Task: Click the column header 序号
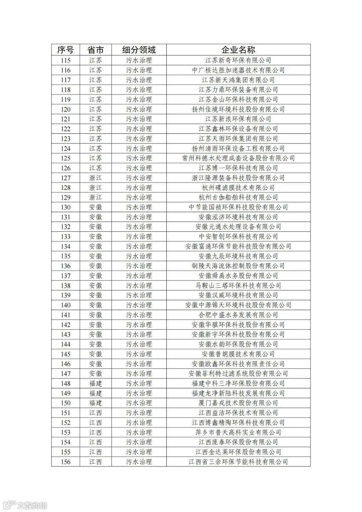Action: click(x=65, y=50)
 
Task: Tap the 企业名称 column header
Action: click(x=238, y=50)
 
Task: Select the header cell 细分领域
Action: click(x=139, y=50)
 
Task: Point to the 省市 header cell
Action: click(x=96, y=50)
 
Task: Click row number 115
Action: click(x=65, y=60)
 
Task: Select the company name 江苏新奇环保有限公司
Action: click(x=238, y=60)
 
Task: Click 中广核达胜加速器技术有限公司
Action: click(x=238, y=70)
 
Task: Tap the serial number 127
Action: click(x=65, y=178)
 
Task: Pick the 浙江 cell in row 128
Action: click(x=96, y=187)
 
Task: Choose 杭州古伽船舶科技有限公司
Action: click(x=238, y=197)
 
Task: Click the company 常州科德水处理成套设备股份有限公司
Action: click(x=238, y=158)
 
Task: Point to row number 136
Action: click(x=65, y=266)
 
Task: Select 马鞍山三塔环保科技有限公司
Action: click(x=238, y=286)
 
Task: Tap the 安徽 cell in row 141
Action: click(x=96, y=315)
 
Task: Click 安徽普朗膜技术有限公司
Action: click(x=238, y=354)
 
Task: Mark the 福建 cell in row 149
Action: click(x=96, y=393)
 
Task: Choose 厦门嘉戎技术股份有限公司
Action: click(x=238, y=403)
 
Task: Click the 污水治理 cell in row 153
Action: click(x=139, y=433)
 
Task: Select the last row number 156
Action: click(x=65, y=462)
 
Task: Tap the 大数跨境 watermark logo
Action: click(x=25, y=505)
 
